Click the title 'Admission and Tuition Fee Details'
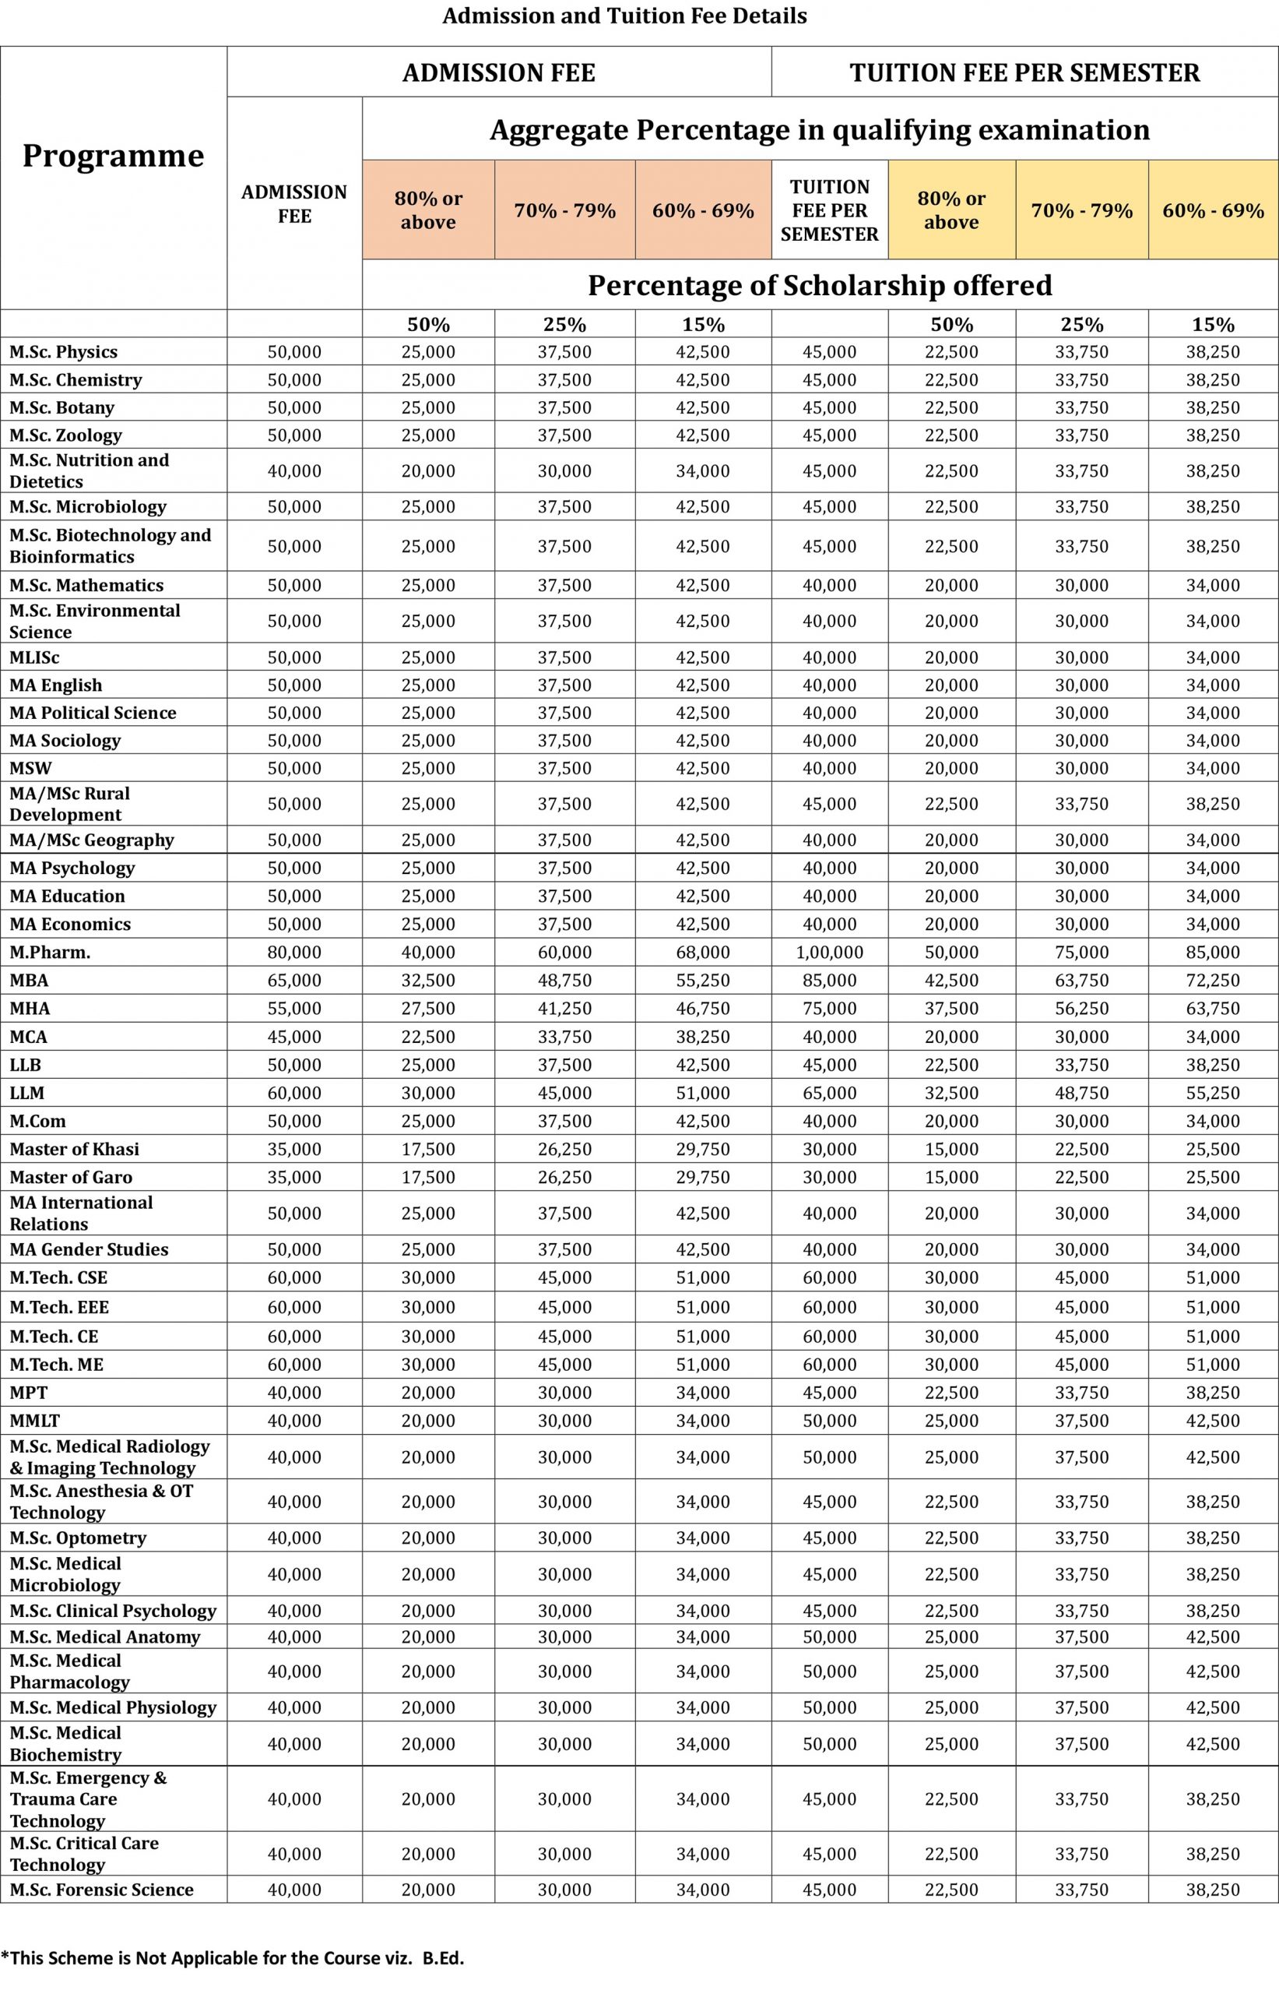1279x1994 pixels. (624, 16)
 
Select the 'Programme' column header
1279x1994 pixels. (113, 155)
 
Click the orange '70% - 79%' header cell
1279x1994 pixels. (564, 210)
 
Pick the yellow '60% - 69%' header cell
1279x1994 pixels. (1213, 210)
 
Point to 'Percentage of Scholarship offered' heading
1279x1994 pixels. (819, 285)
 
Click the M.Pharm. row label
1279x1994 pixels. (50, 952)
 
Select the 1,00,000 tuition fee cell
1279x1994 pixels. (829, 952)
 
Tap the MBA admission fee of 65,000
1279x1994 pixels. (294, 981)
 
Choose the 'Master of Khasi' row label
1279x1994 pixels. (74, 1149)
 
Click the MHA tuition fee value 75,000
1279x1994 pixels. (829, 1009)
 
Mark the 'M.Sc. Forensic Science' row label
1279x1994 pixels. (101, 1890)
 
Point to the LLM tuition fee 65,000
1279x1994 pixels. (829, 1093)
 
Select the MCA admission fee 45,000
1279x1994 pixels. (294, 1037)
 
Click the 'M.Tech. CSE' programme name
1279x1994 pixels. (58, 1277)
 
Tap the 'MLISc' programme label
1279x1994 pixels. (34, 657)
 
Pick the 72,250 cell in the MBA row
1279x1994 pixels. (1213, 981)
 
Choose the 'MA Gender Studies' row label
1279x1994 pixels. (89, 1249)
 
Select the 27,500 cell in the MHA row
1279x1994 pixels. (427, 1009)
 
